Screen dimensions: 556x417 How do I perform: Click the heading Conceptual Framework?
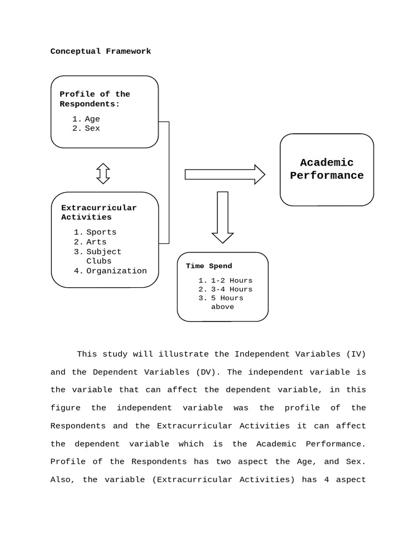(x=100, y=51)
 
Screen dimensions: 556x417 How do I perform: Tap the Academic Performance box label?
(x=327, y=169)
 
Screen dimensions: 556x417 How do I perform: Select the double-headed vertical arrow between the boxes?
(x=103, y=173)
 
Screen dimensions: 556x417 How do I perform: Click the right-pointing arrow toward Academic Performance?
(x=224, y=174)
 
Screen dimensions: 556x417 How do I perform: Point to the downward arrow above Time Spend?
(x=223, y=217)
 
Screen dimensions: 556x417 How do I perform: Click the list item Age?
(x=92, y=119)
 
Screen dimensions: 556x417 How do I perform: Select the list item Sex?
(x=92, y=129)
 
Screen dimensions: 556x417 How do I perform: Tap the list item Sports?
(x=101, y=232)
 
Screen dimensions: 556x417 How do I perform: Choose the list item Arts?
(x=96, y=242)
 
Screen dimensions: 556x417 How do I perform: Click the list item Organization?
(x=116, y=271)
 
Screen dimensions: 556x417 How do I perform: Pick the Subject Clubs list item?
(x=103, y=256)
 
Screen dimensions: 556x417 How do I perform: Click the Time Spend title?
(x=208, y=266)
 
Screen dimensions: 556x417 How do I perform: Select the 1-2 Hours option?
(x=231, y=281)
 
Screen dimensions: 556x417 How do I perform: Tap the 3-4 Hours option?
(x=231, y=289)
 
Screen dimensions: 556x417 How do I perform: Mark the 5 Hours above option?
(x=227, y=302)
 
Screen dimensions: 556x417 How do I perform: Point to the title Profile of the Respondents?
(x=94, y=99)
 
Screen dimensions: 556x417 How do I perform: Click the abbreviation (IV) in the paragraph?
(x=355, y=354)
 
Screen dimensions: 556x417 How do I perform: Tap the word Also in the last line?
(x=61, y=479)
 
